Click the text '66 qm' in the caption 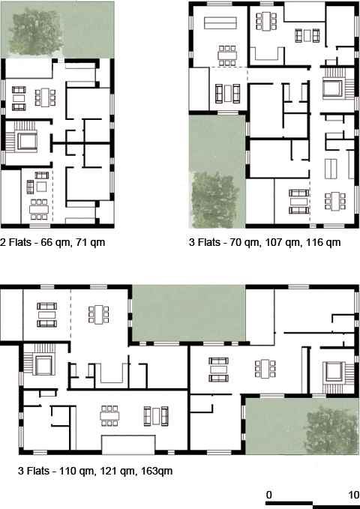pyautogui.click(x=53, y=242)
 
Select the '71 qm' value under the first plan pyautogui.click(x=85, y=242)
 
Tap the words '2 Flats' pyautogui.click(x=16, y=242)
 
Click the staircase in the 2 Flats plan pyautogui.click(x=28, y=139)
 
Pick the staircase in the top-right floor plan pyautogui.click(x=332, y=88)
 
